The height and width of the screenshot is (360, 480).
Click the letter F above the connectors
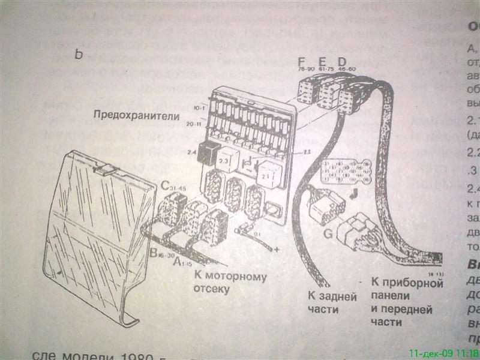point(302,62)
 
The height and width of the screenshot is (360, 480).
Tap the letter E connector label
point(322,62)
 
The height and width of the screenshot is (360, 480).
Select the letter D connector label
point(341,62)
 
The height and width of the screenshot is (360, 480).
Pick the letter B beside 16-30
point(153,254)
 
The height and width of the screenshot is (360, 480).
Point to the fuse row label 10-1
point(198,108)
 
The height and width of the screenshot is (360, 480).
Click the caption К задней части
point(332,303)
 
